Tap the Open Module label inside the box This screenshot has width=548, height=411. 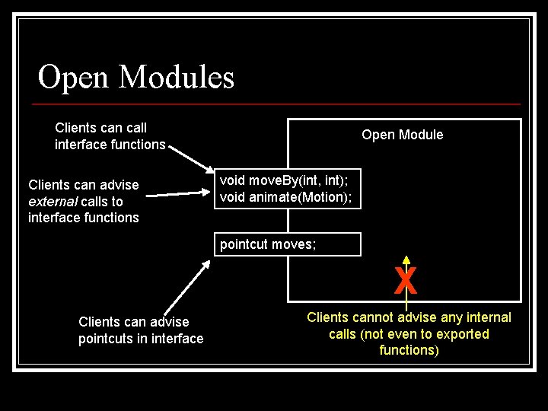tap(402, 135)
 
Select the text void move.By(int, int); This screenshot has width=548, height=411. tap(284, 180)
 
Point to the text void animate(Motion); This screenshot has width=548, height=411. tap(285, 197)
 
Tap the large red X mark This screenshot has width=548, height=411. tap(406, 281)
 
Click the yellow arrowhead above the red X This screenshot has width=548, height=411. tap(406, 259)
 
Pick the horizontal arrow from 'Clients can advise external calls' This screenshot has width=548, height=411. tap(179, 195)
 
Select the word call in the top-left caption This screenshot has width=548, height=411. tap(134, 128)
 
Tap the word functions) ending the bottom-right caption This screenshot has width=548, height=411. tap(409, 350)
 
